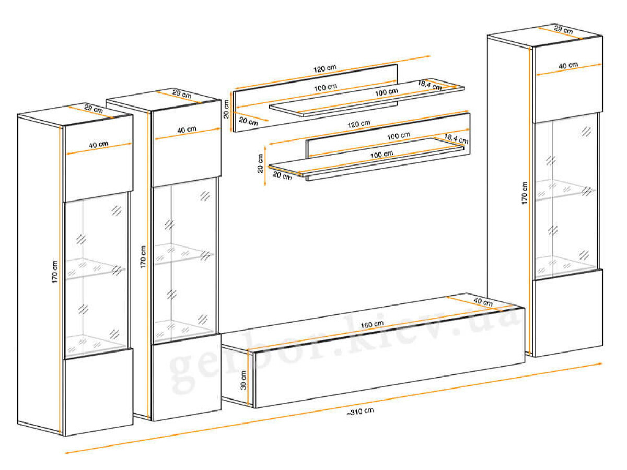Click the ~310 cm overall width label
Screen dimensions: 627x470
[x=360, y=412]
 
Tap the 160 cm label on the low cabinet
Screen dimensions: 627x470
[x=372, y=325]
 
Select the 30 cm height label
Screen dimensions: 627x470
[x=243, y=380]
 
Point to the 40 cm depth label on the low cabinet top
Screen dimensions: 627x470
[x=483, y=302]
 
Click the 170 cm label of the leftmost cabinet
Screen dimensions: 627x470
[x=54, y=272]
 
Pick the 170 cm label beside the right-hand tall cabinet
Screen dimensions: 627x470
[x=525, y=193]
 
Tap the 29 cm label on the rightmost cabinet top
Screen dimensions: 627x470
[x=563, y=30]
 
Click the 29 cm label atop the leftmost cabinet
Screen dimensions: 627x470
[x=94, y=109]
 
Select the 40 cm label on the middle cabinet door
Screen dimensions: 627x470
[x=187, y=130]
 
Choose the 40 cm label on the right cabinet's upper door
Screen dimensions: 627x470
[x=568, y=65]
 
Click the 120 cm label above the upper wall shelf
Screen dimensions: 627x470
[x=325, y=69]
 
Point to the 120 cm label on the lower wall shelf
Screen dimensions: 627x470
[x=359, y=124]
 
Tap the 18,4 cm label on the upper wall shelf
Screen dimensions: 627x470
[x=429, y=85]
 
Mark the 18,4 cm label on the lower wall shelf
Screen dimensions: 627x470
[x=456, y=139]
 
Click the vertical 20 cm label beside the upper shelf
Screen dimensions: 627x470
[x=226, y=109]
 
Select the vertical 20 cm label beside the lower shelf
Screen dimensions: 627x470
[x=260, y=163]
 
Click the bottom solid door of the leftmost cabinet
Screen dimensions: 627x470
[x=99, y=392]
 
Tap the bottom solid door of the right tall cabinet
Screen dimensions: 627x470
[x=568, y=312]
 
